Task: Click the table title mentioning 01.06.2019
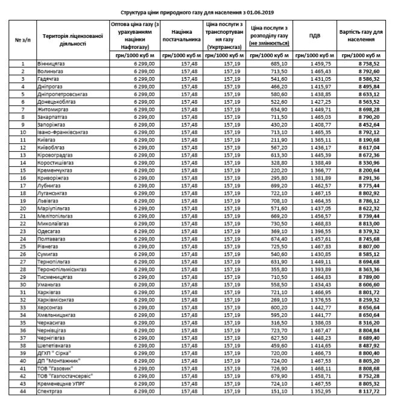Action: coord(200,11)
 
